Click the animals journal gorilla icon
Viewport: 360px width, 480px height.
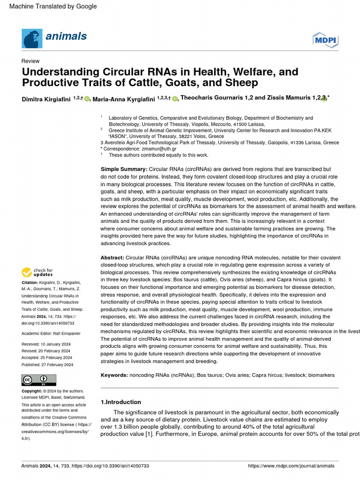pos(31,37)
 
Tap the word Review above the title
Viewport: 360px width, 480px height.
pos(30,61)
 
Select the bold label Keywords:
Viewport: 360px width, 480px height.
pos(114,375)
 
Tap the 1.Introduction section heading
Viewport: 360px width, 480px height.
pos(121,402)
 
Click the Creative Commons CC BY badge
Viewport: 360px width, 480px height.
pos(39,380)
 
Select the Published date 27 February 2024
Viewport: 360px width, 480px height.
pos(47,365)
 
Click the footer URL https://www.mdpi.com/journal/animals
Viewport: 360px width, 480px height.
pos(291,466)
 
